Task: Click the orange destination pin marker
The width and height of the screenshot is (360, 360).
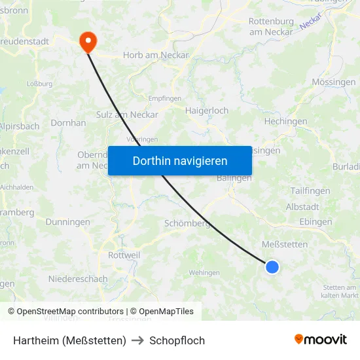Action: click(x=87, y=42)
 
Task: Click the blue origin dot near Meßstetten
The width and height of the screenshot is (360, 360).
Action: click(x=272, y=266)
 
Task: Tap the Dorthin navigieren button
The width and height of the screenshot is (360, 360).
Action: click(x=180, y=160)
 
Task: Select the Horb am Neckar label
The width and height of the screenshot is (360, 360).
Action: click(x=156, y=55)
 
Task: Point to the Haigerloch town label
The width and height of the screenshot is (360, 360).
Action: click(x=207, y=111)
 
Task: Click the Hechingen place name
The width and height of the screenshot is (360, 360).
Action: click(x=285, y=122)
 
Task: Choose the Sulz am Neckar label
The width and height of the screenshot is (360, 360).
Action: click(x=136, y=115)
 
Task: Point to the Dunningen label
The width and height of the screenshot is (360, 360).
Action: click(x=68, y=222)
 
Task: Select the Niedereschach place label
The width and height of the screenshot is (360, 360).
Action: click(x=78, y=279)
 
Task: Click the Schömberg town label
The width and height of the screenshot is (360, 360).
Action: click(x=187, y=223)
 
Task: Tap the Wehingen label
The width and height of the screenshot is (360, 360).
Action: click(x=204, y=272)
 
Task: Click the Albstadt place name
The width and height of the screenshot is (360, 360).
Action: click(x=302, y=206)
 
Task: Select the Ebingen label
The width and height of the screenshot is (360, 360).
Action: click(x=315, y=222)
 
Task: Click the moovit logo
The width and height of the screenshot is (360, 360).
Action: click(x=320, y=339)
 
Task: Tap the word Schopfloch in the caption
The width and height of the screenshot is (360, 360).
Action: click(x=177, y=340)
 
